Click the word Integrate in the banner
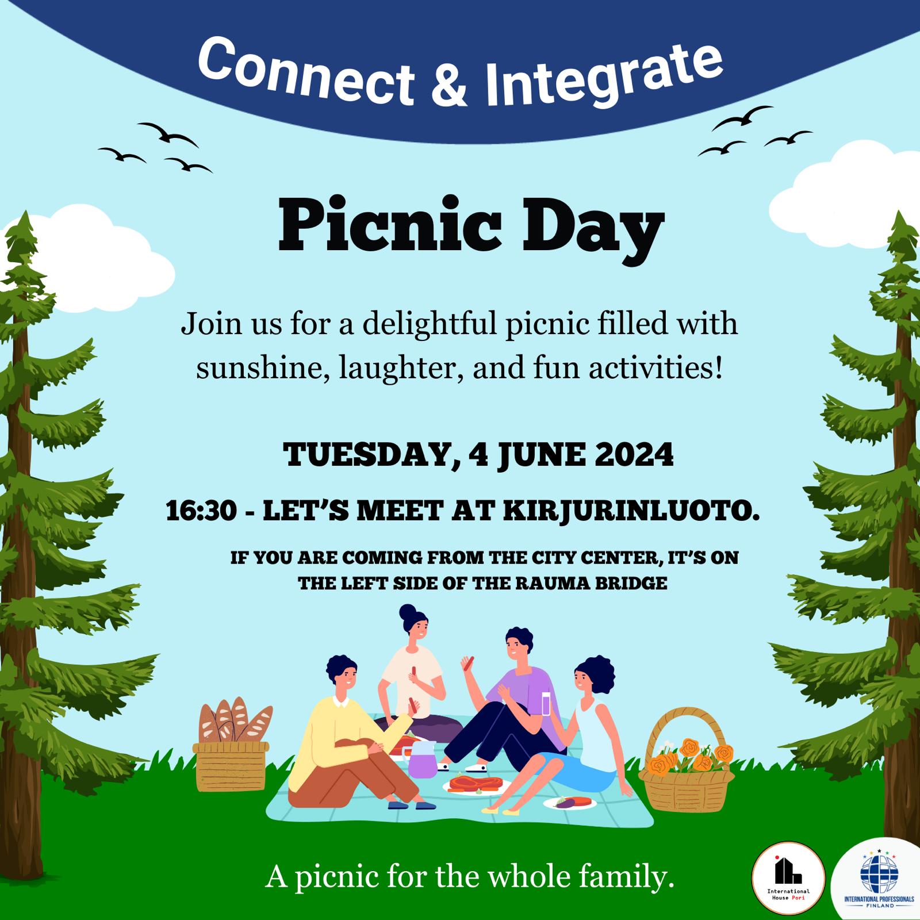click(x=603, y=74)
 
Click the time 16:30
click(x=201, y=511)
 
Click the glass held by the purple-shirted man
click(x=546, y=702)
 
